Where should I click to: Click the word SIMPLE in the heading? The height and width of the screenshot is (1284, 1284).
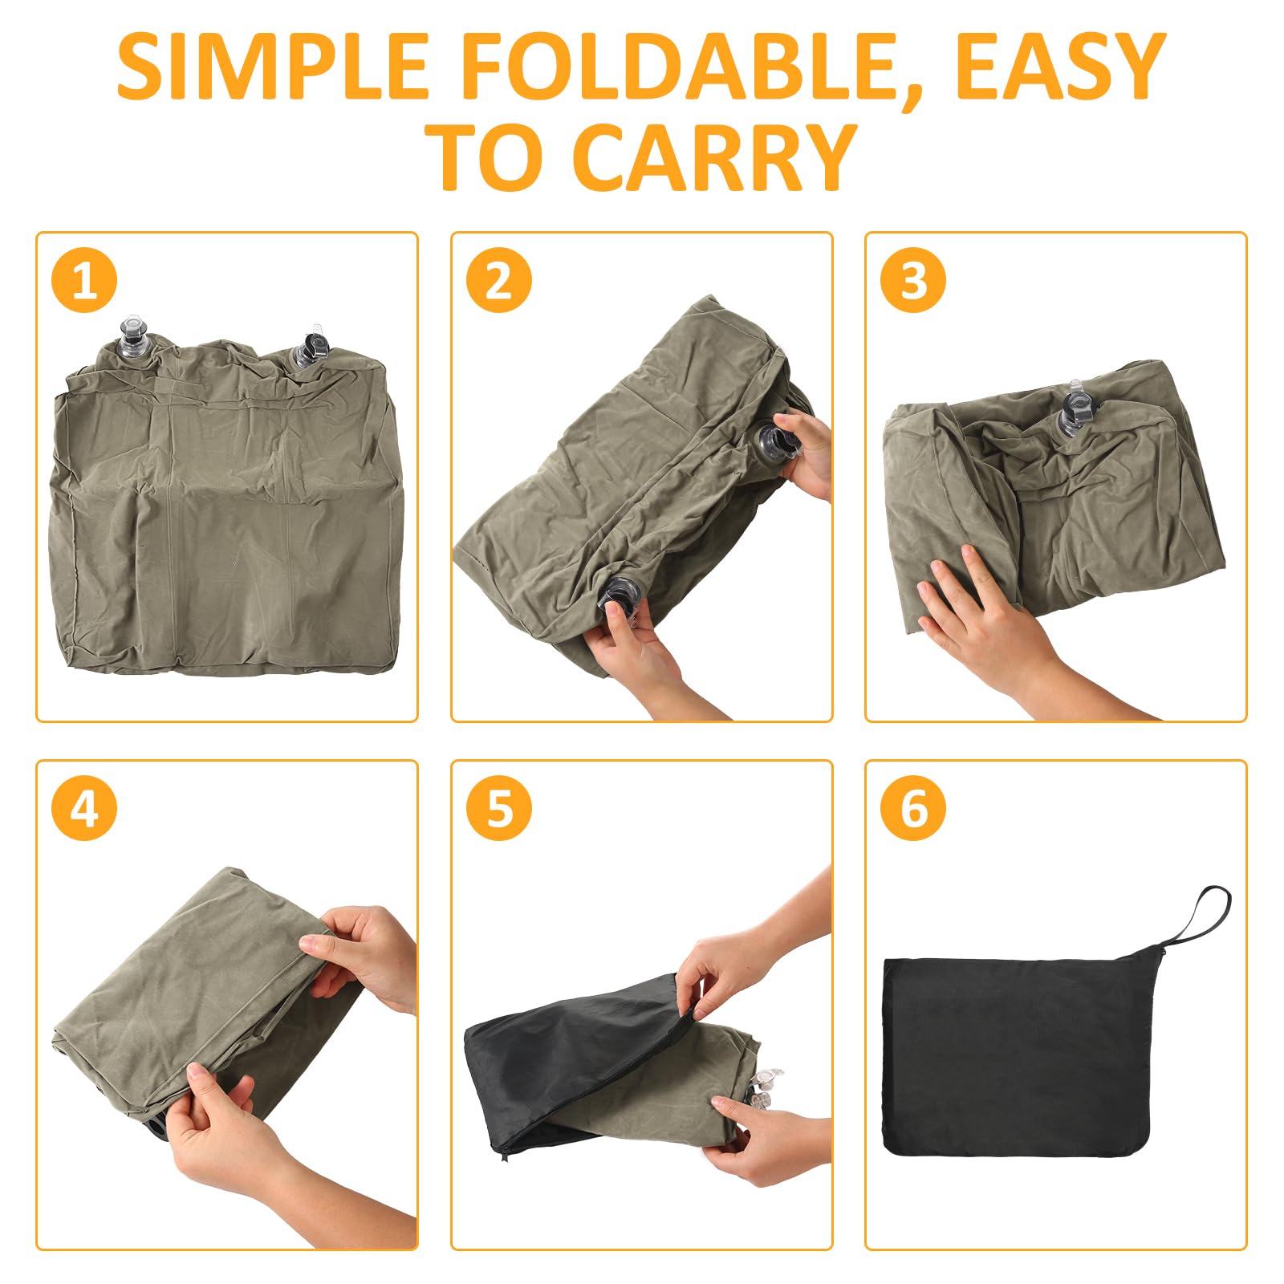pyautogui.click(x=272, y=67)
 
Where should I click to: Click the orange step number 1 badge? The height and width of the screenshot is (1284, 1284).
pyautogui.click(x=84, y=281)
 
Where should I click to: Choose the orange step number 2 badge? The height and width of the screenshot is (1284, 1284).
pyautogui.click(x=499, y=281)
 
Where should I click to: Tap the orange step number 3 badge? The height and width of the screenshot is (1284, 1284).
pyautogui.click(x=913, y=281)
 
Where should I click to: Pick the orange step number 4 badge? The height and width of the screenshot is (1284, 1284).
pyautogui.click(x=84, y=808)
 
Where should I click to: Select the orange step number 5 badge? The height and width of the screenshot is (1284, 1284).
pyautogui.click(x=499, y=808)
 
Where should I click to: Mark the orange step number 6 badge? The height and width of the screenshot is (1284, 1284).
pyautogui.click(x=913, y=808)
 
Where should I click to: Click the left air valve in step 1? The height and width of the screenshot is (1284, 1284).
pyautogui.click(x=132, y=339)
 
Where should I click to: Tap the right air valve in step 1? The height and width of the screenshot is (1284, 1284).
pyautogui.click(x=311, y=347)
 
